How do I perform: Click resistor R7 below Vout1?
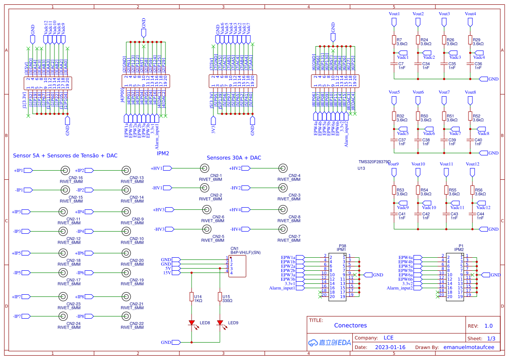(x=394, y=40)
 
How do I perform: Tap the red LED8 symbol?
(x=192, y=323)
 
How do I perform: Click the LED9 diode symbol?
(x=220, y=323)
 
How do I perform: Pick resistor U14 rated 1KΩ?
(x=192, y=296)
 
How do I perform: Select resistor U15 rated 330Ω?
(x=220, y=296)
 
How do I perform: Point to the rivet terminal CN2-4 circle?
(x=283, y=168)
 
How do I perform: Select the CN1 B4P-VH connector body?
(x=237, y=266)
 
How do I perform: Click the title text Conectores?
(x=350, y=325)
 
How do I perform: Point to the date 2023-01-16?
(x=390, y=347)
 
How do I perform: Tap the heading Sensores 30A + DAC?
(x=234, y=158)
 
